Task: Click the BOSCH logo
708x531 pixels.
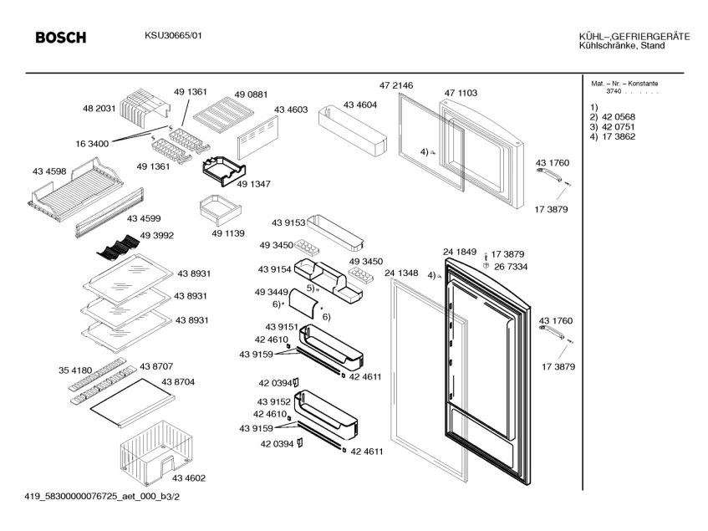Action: (x=60, y=37)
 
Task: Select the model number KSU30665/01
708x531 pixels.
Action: (x=173, y=35)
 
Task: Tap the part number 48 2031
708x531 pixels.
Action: (x=99, y=109)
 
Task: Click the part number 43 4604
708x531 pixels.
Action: (x=360, y=105)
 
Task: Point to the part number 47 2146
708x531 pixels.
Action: (x=396, y=85)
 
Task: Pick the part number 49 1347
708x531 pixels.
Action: (x=253, y=184)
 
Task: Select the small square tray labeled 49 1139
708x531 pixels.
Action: (x=221, y=210)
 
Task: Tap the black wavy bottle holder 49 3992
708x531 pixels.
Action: (x=118, y=248)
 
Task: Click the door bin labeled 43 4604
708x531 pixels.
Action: (x=353, y=130)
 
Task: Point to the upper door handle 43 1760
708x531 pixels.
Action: (x=549, y=174)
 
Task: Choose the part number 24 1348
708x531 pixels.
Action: (x=401, y=273)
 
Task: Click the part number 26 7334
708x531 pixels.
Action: (x=511, y=267)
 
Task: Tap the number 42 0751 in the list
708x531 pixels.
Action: (x=619, y=127)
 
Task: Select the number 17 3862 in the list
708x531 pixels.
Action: (x=619, y=137)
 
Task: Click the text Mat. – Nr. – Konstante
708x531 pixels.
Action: (x=624, y=84)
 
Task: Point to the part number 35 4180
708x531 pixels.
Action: (x=75, y=370)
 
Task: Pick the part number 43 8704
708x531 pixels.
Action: (x=178, y=382)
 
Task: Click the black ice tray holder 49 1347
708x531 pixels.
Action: (x=224, y=171)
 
